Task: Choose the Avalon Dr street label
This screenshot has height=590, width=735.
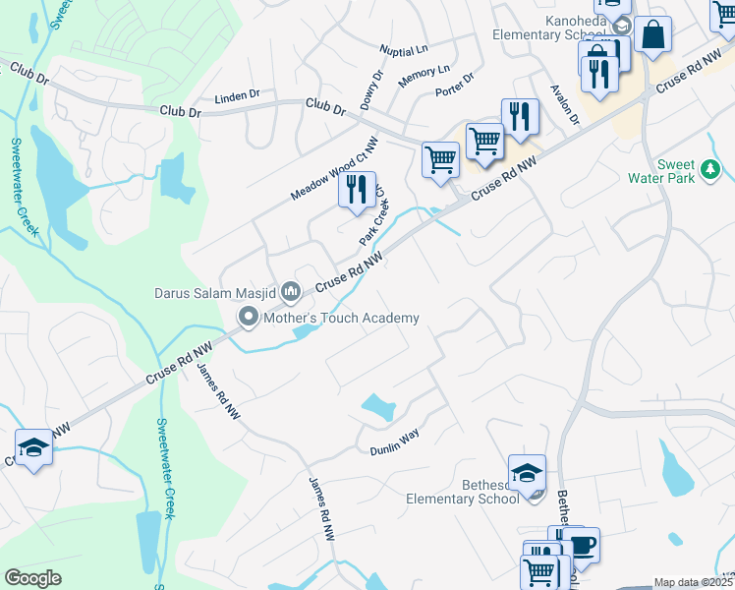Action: [567, 103]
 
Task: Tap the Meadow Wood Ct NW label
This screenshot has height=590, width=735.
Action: [333, 170]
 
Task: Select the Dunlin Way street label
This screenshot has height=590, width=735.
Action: [394, 448]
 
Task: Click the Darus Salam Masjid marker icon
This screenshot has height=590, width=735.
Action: [291, 291]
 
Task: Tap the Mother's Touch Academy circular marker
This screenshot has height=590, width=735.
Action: [249, 318]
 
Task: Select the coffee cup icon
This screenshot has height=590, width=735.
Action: [583, 544]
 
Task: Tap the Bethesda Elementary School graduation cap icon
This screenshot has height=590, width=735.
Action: [527, 471]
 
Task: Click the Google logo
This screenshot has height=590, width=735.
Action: [32, 578]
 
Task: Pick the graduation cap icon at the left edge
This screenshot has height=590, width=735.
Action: [33, 448]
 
